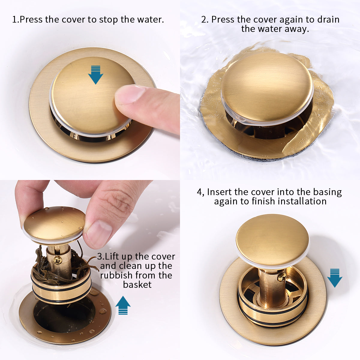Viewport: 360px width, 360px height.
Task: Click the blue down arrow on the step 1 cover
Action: click(x=96, y=75)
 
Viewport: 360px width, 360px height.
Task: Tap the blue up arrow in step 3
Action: click(x=123, y=305)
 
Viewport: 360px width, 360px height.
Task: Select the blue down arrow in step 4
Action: click(x=334, y=278)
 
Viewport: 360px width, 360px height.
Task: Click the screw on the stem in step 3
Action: click(x=58, y=260)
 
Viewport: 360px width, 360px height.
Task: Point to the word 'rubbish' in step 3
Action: click(x=116, y=275)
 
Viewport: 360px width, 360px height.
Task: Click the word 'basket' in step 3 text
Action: click(x=137, y=284)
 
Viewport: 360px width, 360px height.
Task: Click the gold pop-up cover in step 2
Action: click(x=267, y=88)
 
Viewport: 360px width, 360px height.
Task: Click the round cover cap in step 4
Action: click(x=272, y=241)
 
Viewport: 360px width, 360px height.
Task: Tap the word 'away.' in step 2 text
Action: click(x=297, y=29)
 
